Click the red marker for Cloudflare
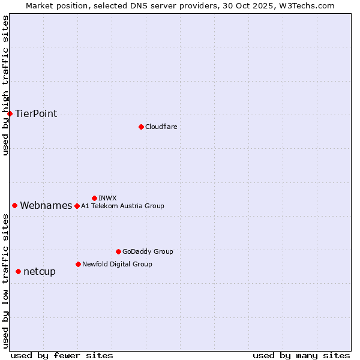pyautogui.click(x=141, y=127)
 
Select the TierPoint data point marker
pyautogui.click(x=10, y=113)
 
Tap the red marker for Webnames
pyautogui.click(x=14, y=205)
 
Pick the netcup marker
pyautogui.click(x=18, y=271)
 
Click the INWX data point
pyautogui.click(x=94, y=198)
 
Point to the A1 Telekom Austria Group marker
pyautogui.click(x=77, y=206)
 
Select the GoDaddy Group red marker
pyautogui.click(x=118, y=251)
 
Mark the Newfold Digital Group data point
pyautogui.click(x=78, y=264)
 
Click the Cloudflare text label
pyautogui.click(x=161, y=127)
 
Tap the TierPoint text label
pyautogui.click(x=36, y=113)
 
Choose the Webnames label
pyautogui.click(x=46, y=205)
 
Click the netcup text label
pyautogui.click(x=40, y=271)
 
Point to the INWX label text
pyautogui.click(x=107, y=198)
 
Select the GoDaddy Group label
pyautogui.click(x=148, y=251)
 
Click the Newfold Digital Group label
pyautogui.click(x=117, y=264)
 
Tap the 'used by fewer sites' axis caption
pyautogui.click(x=62, y=355)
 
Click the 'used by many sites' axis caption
pyautogui.click(x=301, y=355)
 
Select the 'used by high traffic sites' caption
pyautogui.click(x=5, y=85)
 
